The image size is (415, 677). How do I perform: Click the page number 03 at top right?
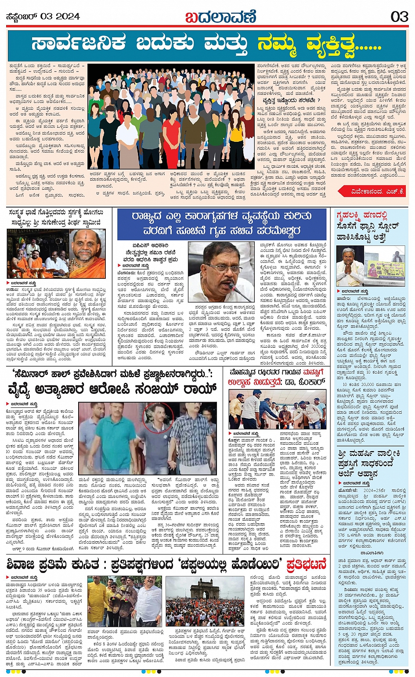click(399, 17)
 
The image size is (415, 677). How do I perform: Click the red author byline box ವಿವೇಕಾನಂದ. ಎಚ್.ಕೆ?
click(372, 191)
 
